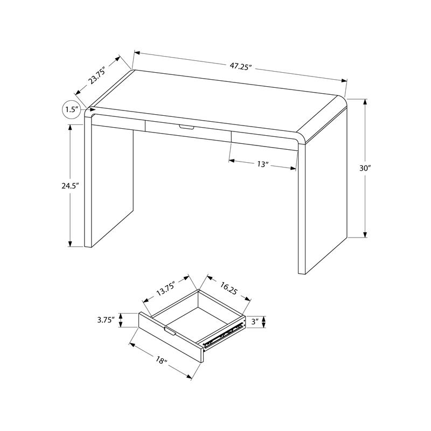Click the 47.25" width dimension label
coord(241,66)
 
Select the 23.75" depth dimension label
coord(97,75)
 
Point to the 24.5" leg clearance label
coord(70,185)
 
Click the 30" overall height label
coord(365,168)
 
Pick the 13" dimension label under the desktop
coord(262,164)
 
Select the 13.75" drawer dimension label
coord(166,290)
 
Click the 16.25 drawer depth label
coord(229,289)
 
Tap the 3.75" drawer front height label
coord(105,320)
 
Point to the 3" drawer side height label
coord(255,322)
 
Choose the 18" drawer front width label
coord(161,360)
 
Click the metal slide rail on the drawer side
coord(221,335)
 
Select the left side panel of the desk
coord(110,183)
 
